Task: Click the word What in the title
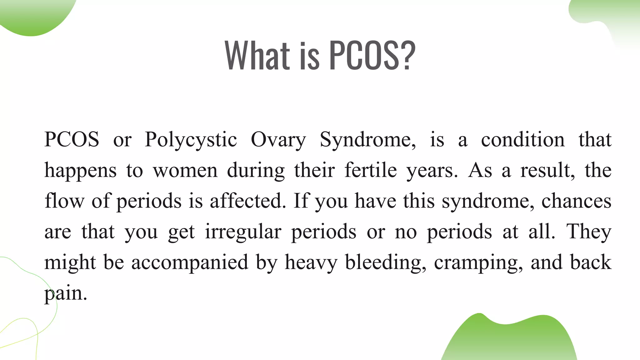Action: point(257,55)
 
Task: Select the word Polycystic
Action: point(191,140)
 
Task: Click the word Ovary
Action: point(278,140)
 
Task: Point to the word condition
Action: point(522,140)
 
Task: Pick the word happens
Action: point(80,171)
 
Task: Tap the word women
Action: point(185,171)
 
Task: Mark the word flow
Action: point(64,201)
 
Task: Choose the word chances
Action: point(576,201)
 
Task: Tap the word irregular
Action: point(243,232)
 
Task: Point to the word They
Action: point(589,232)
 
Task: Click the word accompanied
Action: point(189,262)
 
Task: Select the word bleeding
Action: point(385,262)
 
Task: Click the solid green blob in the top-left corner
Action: point(34,16)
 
